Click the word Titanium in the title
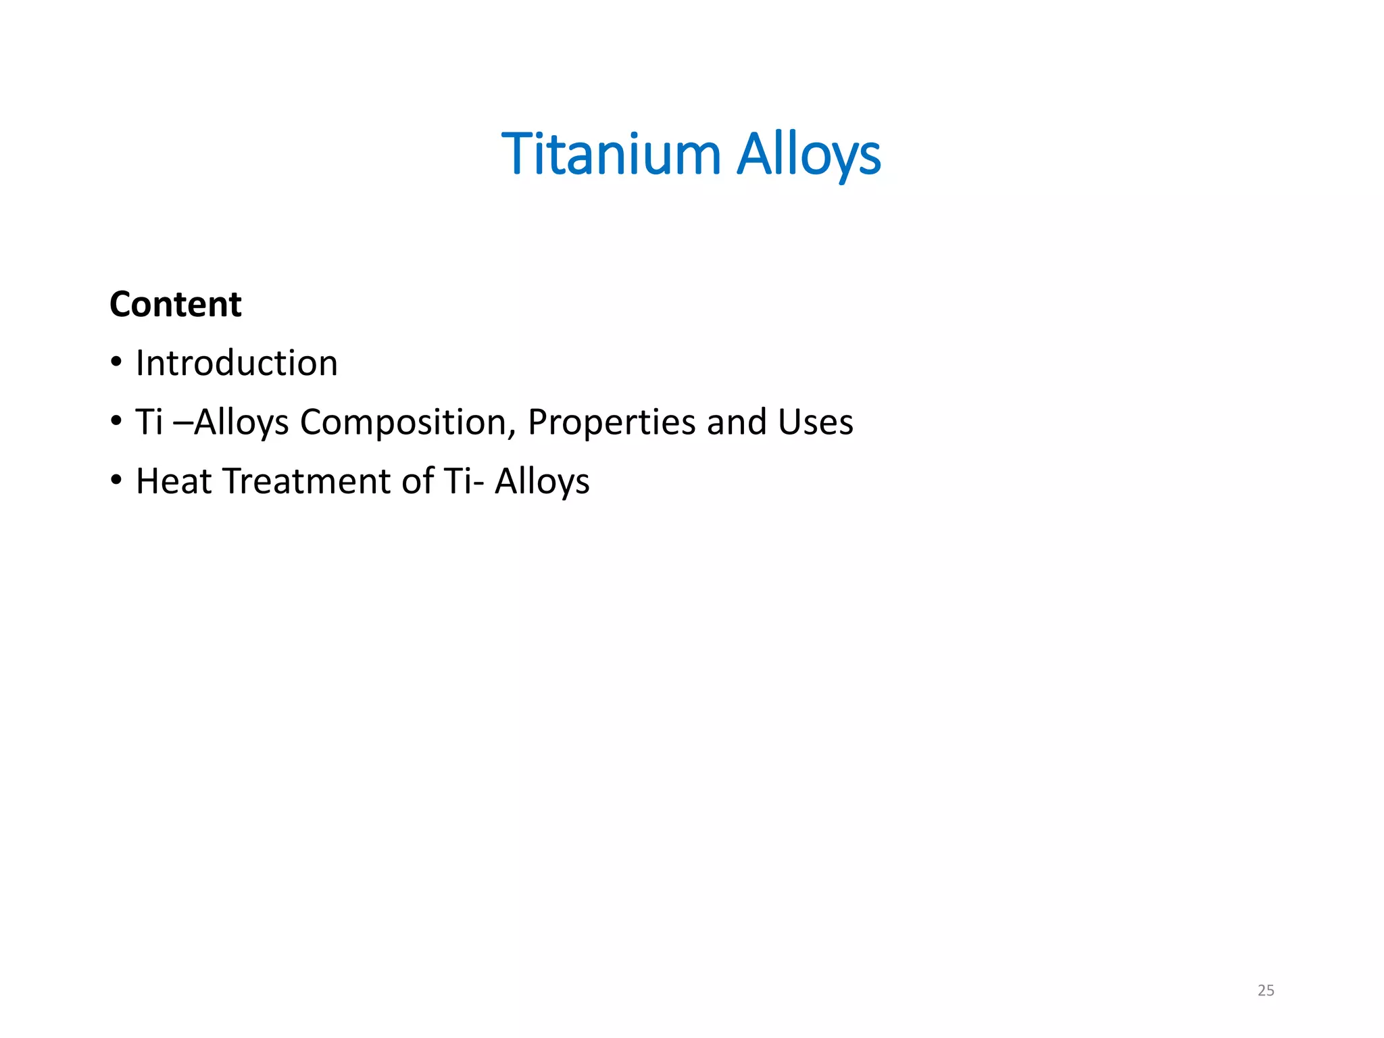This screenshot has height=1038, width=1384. (612, 154)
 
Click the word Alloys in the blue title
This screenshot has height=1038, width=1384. (808, 155)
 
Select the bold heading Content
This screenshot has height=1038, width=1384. (176, 304)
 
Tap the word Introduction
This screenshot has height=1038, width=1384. (237, 363)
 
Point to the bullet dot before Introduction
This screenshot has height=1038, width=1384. (117, 362)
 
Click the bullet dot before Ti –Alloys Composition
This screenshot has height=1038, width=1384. (117, 422)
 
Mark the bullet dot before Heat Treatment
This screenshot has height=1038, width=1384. (117, 480)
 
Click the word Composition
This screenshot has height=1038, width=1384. (403, 422)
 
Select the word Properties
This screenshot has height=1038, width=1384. (612, 422)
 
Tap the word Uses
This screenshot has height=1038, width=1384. (816, 422)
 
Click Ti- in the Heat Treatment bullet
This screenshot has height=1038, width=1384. (464, 481)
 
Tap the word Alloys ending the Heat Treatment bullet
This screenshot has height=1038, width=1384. (542, 483)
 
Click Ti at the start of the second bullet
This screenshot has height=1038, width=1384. (149, 422)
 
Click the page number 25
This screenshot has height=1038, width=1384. (1266, 991)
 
